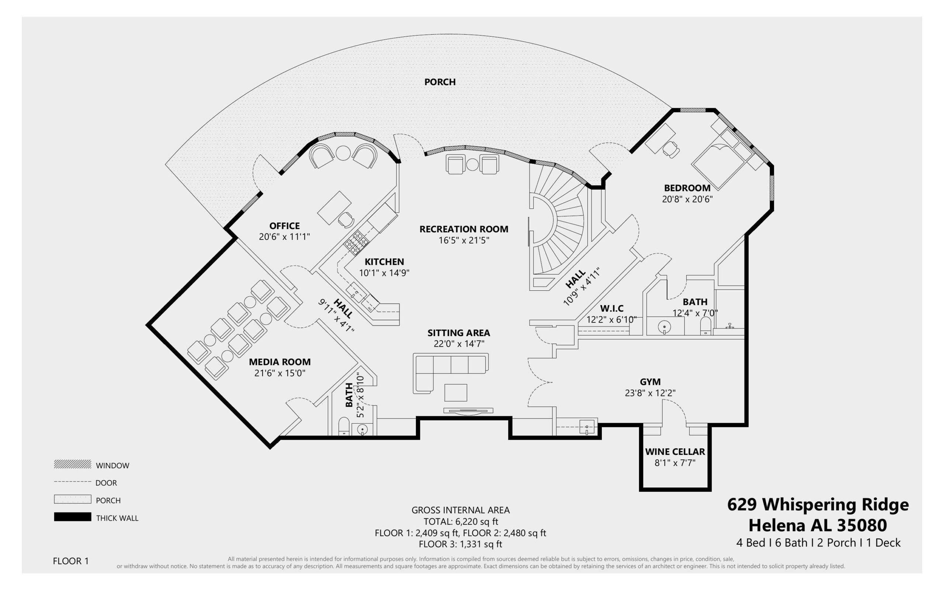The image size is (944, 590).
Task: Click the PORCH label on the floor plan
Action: (x=440, y=82)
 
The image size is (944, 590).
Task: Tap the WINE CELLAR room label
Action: (x=675, y=452)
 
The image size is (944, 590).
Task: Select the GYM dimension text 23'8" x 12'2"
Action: (x=650, y=393)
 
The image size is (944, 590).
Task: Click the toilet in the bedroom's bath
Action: (x=706, y=326)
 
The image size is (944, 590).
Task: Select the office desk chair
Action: (x=346, y=219)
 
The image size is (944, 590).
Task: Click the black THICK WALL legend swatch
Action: (x=73, y=517)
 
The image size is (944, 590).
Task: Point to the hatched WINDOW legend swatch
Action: (x=73, y=464)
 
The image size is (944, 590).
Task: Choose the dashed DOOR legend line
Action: (x=73, y=482)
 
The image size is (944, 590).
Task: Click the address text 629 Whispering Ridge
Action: (x=818, y=505)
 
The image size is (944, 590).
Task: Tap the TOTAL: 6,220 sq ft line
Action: (x=461, y=521)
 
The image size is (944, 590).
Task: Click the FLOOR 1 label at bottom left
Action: (x=70, y=561)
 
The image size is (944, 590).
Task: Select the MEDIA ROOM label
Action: (x=280, y=362)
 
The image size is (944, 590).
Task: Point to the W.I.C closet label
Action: (x=611, y=308)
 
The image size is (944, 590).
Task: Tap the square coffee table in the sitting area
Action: (x=455, y=393)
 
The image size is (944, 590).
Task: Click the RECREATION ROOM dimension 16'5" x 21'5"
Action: (x=464, y=240)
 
